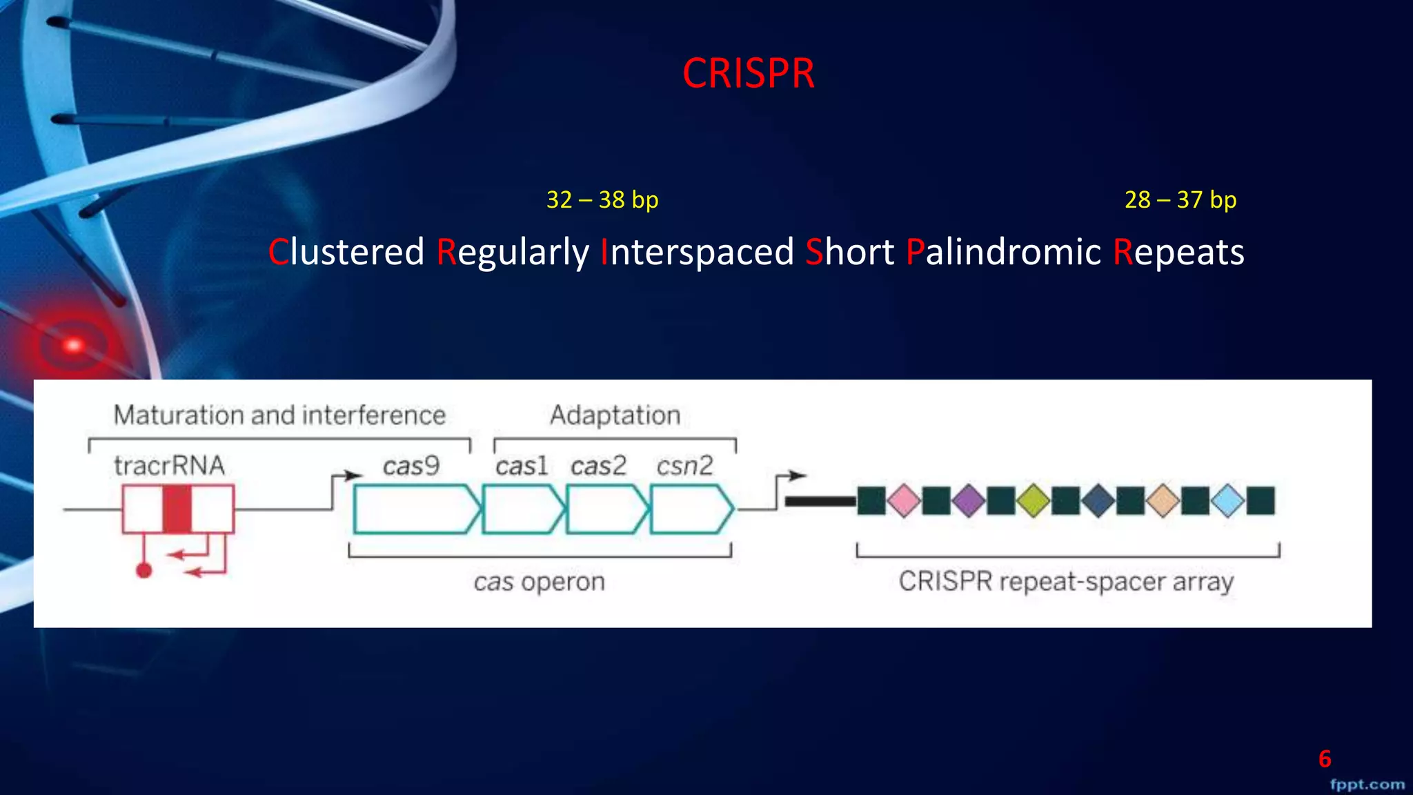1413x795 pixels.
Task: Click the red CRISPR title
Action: pos(749,73)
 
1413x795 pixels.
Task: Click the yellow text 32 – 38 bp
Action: pos(602,200)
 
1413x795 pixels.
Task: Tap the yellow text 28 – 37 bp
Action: pos(1180,200)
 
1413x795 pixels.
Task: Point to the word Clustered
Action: pos(346,252)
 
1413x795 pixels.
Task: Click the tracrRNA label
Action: pos(170,466)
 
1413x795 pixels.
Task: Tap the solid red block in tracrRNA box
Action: pos(177,509)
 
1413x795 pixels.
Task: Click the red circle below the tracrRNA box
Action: pos(144,570)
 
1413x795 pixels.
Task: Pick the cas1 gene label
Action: pos(522,467)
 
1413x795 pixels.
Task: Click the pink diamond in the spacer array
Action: pos(904,500)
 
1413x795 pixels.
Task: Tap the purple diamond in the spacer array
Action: pos(969,500)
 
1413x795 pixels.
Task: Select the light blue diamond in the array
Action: pos(1228,500)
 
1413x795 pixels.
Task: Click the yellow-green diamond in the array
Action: pos(1034,500)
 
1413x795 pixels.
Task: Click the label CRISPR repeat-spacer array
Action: pos(1066,582)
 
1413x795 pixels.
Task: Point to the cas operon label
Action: pos(539,582)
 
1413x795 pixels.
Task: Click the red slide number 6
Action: pos(1325,759)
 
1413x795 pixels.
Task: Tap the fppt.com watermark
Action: pos(1367,785)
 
